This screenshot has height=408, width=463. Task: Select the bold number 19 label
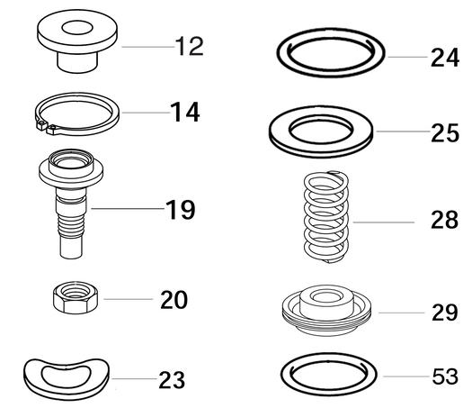pos(180,211)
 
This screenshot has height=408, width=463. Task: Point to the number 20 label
pos(174,299)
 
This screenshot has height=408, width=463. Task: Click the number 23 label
pos(171,379)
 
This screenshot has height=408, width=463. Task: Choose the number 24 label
pos(443,59)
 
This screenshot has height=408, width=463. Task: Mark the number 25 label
pos(443,133)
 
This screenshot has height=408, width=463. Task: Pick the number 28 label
pos(443,222)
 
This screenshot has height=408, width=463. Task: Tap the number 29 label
pos(443,313)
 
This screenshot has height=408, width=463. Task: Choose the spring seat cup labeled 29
pos(325,311)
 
